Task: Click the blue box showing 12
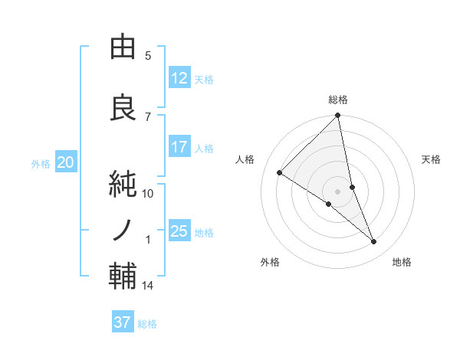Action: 179,78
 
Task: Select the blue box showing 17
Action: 179,147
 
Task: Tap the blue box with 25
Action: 179,231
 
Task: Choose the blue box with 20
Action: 66,162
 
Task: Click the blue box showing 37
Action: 123,322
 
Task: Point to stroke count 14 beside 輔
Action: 148,286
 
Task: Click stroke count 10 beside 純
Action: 148,194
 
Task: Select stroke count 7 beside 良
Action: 148,117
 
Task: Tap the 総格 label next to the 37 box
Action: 148,323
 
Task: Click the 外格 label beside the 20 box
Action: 41,163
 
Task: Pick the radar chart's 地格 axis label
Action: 402,262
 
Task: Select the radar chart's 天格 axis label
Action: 432,159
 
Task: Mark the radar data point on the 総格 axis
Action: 338,116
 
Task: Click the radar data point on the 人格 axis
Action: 280,173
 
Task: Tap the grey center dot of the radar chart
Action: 338,191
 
